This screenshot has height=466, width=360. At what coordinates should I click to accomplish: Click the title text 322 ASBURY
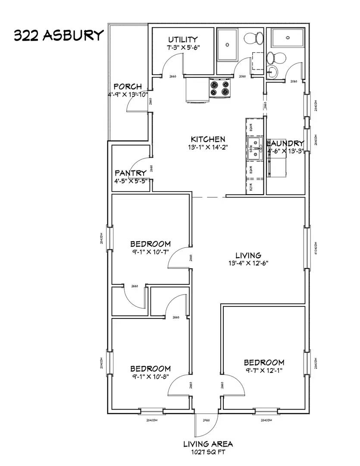tap(59, 35)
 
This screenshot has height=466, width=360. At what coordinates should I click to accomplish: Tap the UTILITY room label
tap(183, 39)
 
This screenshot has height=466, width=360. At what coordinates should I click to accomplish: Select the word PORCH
tap(127, 87)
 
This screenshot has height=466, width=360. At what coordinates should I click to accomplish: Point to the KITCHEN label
tap(208, 139)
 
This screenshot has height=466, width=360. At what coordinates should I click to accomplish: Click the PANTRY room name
tap(130, 173)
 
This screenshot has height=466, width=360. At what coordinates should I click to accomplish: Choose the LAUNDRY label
tap(285, 143)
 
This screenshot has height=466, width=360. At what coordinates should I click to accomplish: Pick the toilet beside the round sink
tap(274, 57)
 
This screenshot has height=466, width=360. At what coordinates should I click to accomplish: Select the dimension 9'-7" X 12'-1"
tap(264, 370)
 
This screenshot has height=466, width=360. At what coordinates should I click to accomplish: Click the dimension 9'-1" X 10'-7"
tap(150, 252)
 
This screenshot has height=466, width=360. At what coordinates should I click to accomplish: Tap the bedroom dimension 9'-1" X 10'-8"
tap(150, 376)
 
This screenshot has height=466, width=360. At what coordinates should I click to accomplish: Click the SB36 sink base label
tap(250, 148)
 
